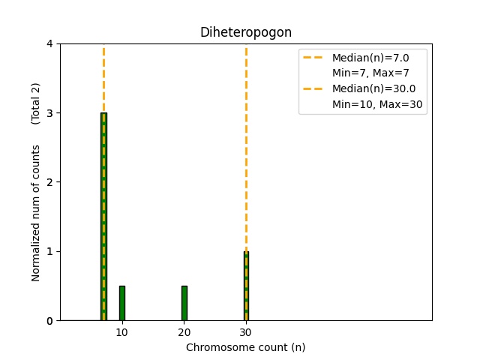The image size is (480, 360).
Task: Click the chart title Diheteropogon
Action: tap(245, 33)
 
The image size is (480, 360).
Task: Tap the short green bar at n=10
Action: tap(122, 303)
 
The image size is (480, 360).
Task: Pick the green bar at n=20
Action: tap(184, 303)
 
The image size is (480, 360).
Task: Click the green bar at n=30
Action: tap(246, 286)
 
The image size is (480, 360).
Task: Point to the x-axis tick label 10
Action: tap(122, 332)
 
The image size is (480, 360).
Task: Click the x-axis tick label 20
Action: tap(184, 332)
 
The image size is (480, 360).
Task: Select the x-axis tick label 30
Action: tap(246, 332)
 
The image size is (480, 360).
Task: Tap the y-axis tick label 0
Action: tap(50, 321)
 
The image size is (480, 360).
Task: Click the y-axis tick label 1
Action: tap(50, 251)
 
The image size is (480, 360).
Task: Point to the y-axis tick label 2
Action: tap(50, 182)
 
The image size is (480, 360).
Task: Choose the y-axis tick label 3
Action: tap(50, 113)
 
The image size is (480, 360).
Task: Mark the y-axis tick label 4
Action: tap(50, 44)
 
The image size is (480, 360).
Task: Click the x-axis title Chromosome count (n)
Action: tap(245, 348)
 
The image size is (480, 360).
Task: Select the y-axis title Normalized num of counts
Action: tap(36, 213)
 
